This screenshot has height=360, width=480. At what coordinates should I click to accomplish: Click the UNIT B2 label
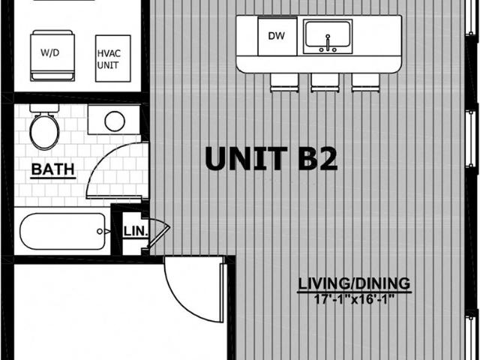pyautogui.click(x=271, y=158)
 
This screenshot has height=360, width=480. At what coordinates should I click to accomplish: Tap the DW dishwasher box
pyautogui.click(x=277, y=36)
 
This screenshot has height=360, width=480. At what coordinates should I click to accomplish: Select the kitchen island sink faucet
pyautogui.click(x=328, y=43)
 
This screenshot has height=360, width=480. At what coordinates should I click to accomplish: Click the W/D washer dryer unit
pyautogui.click(x=52, y=55)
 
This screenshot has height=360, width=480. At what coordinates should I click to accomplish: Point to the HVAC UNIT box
pyautogui.click(x=113, y=58)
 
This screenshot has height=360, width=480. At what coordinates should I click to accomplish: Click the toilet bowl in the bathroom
pyautogui.click(x=45, y=132)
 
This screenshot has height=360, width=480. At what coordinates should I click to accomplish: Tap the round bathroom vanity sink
pyautogui.click(x=115, y=121)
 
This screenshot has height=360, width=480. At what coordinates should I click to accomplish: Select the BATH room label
pyautogui.click(x=53, y=169)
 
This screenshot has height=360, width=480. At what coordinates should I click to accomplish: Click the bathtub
pyautogui.click(x=62, y=231)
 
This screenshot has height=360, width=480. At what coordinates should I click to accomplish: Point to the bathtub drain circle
pyautogui.click(x=100, y=232)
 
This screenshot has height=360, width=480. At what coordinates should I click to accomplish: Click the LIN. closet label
pyautogui.click(x=136, y=231)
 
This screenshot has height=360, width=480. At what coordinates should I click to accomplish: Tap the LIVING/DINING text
pyautogui.click(x=354, y=283)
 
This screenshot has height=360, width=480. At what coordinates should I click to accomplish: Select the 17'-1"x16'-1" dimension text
pyautogui.click(x=354, y=299)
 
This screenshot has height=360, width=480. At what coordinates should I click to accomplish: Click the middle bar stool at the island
pyautogui.click(x=325, y=82)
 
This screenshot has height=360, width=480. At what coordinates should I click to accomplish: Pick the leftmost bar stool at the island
pyautogui.click(x=284, y=82)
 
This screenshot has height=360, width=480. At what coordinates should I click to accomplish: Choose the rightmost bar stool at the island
pyautogui.click(x=365, y=82)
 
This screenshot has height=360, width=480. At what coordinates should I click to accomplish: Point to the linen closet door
pyautogui.click(x=159, y=233)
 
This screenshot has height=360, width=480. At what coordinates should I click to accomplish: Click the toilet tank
pyautogui.click(x=44, y=108)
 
